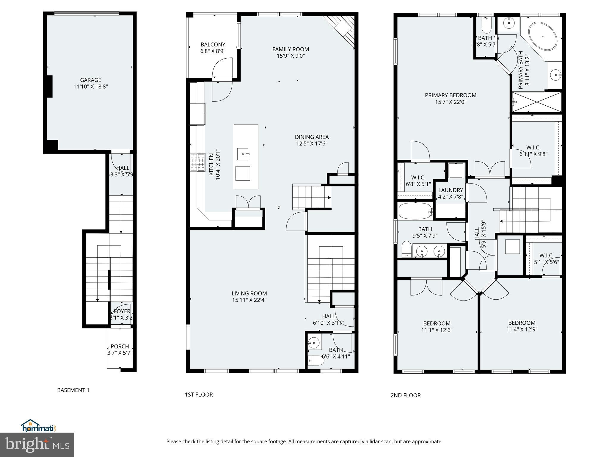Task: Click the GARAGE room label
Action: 90,80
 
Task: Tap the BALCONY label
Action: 213,45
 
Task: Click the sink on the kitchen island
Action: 243,154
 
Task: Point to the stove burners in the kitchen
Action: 198,162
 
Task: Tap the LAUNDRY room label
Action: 451,190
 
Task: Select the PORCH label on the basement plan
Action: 120,347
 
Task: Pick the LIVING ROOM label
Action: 249,293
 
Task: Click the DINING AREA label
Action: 312,137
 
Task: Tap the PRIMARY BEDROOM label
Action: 451,95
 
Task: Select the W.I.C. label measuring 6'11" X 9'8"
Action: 533,148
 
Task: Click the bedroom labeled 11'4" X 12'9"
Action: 522,323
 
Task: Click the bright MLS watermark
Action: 37,445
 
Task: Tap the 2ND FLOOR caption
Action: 405,395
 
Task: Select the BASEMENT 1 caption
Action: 73,390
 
